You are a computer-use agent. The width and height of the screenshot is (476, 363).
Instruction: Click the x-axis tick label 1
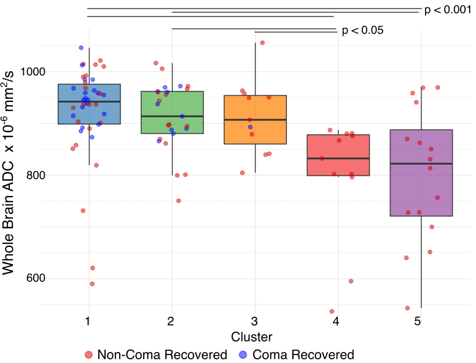pos(89,321)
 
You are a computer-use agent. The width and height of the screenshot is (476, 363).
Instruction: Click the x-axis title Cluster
pos(252,337)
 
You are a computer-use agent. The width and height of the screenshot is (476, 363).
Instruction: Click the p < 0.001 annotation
pos(448,10)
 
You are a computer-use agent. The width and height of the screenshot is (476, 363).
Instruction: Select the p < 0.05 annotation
pos(362,30)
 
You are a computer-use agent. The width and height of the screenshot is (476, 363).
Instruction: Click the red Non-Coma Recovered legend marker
pos(89,354)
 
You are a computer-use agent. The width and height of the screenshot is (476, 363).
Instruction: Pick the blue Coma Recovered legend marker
pos(242,354)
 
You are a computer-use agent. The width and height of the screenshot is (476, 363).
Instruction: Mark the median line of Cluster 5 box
pos(421,163)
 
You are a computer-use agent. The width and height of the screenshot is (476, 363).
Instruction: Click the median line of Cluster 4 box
pos(338,158)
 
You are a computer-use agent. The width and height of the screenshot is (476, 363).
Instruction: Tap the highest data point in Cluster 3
pos(262,42)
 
